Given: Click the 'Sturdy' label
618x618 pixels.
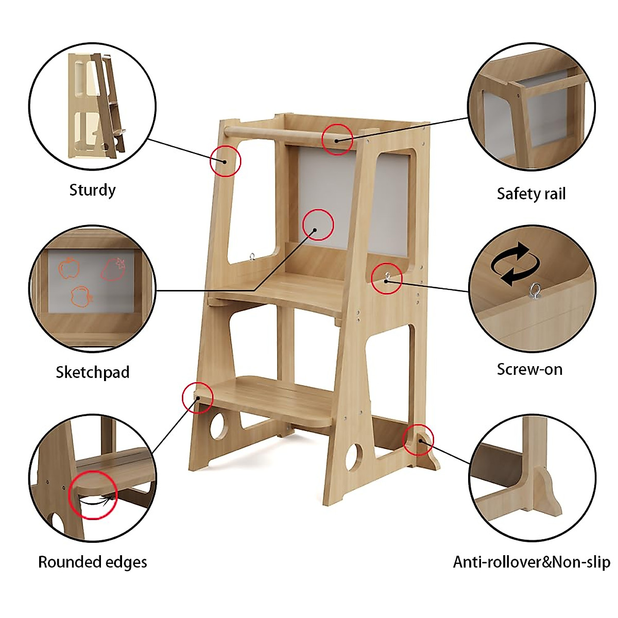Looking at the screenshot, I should tap(92, 190).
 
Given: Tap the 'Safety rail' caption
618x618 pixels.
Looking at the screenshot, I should tap(531, 194).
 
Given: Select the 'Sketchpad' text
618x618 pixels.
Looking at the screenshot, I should tap(92, 372).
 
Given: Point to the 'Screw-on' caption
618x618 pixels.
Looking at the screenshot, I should tap(529, 369).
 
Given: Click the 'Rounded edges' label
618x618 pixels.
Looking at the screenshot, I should tap(93, 562).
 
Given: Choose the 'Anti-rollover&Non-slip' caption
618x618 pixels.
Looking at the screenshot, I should tap(531, 562).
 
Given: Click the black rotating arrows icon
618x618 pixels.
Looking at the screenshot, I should tap(516, 264).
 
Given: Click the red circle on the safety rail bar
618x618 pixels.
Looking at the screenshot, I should tap(337, 139).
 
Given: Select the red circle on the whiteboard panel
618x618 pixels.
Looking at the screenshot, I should tap(318, 225).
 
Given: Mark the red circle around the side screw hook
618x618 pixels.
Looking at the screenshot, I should tap(387, 278).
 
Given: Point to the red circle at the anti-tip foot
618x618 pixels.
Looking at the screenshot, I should tap(418, 440).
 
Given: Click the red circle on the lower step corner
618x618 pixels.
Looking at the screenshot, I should tap(198, 398).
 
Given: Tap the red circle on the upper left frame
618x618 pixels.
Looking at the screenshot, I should tap(226, 161).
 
